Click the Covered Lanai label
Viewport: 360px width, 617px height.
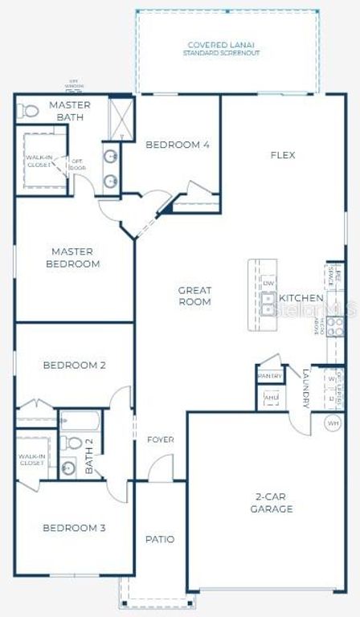pos(223,45)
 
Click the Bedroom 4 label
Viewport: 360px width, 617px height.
pos(178,145)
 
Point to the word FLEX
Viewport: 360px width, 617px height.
pos(283,155)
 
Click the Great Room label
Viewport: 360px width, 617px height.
pos(194,296)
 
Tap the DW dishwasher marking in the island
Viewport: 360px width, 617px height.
pos(268,283)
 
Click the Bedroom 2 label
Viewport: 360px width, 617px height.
pos(74,365)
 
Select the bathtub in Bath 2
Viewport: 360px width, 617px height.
pos(80,420)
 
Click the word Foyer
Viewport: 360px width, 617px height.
pos(160,439)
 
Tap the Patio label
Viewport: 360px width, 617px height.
pos(159,539)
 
